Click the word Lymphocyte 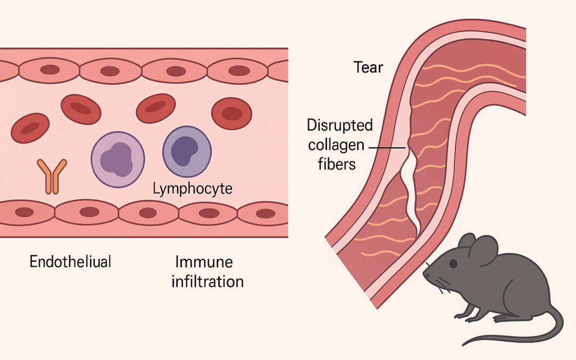pos(193,188)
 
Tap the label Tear pos(369,68)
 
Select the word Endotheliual pos(70,262)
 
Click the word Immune pos(204,262)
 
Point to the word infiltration pos(207,281)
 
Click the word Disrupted pos(340,126)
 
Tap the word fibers pos(337,163)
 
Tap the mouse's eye pos(453,263)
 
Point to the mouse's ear pos(483,251)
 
